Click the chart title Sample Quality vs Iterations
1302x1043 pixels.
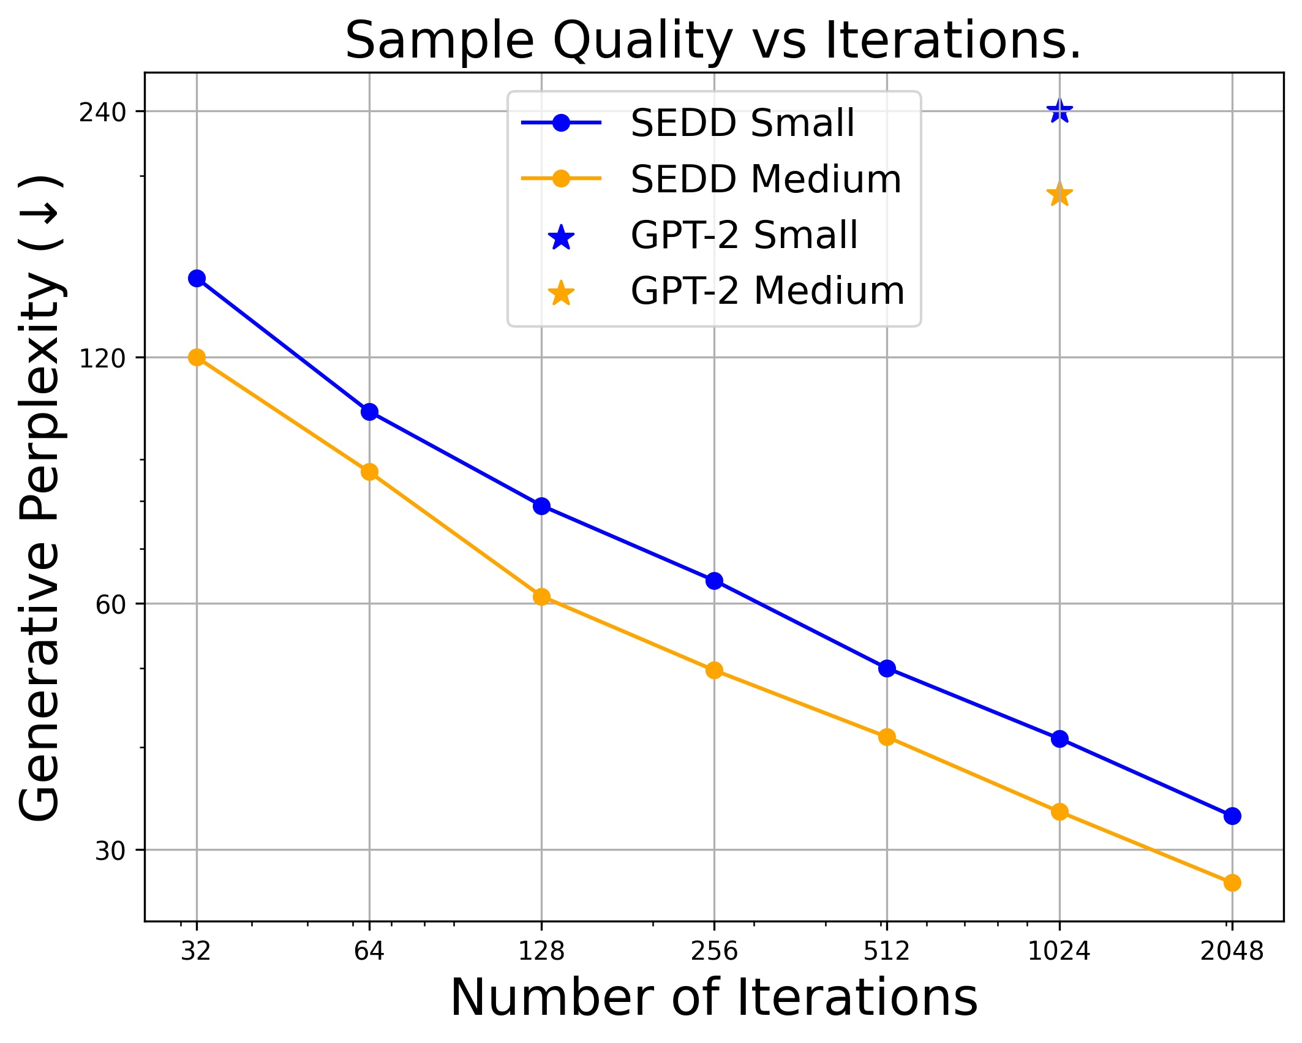713,40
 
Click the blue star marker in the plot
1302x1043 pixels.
1059,112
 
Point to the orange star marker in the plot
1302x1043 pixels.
1059,195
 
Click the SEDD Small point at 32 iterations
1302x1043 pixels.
197,279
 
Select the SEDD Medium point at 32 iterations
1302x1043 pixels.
197,358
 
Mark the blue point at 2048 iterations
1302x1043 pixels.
1232,816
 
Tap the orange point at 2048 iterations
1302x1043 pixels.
1232,883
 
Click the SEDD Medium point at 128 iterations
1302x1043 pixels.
541,597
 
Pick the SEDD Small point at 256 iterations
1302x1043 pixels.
714,581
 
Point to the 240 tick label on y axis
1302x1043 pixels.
102,113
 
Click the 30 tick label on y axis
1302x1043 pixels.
110,851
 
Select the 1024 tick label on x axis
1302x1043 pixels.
1059,951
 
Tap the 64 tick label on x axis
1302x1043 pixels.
369,951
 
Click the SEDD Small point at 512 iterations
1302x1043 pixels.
887,668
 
